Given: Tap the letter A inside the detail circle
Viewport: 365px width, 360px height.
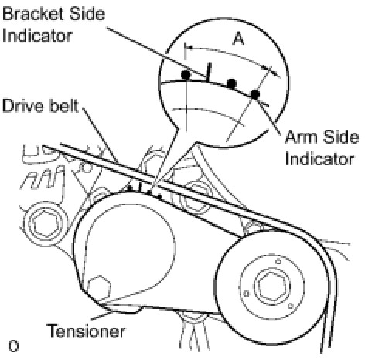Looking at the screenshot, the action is point(238,39).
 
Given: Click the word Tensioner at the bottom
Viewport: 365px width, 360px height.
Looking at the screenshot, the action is point(86,331).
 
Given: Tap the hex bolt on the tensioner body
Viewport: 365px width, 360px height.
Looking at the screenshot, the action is point(99,288).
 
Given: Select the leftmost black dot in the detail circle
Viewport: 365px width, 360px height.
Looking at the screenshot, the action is point(186,75).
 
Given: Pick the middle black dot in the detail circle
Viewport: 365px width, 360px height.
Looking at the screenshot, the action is point(232,83).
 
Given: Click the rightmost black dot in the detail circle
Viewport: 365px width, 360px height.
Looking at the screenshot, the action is point(255,94).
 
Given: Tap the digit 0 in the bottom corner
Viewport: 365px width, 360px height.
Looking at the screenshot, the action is point(13,346).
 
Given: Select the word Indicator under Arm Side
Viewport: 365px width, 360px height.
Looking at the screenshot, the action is point(319,159).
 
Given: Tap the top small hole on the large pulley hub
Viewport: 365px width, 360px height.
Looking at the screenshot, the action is point(278,262).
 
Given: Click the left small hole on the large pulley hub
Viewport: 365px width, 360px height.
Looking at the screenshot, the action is point(247,294).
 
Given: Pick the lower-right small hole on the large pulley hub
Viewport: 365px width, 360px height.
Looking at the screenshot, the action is point(291,306).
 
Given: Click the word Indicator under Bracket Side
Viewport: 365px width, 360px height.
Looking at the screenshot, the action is point(37,36).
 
